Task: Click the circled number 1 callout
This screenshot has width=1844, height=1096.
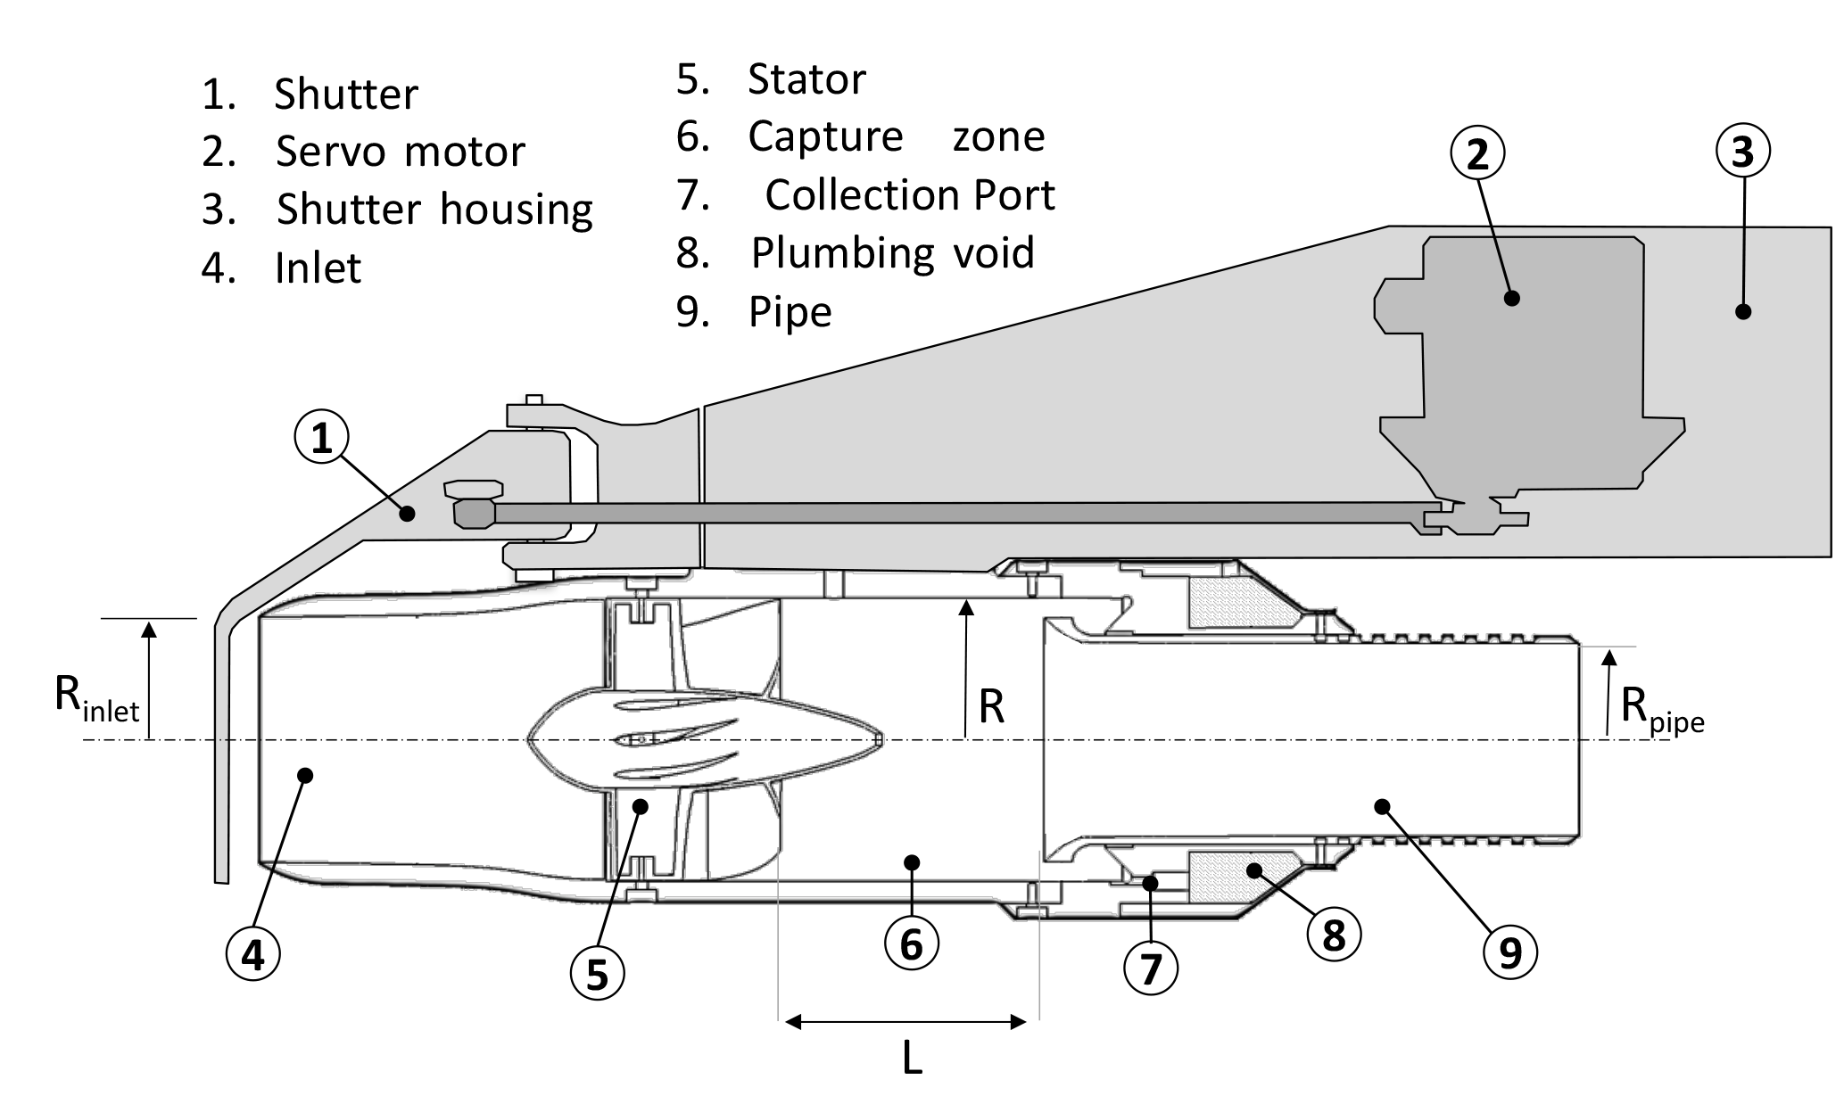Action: (x=321, y=438)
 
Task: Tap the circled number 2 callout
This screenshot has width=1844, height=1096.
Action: (x=1477, y=153)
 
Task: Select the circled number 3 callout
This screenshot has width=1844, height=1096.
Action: (x=1742, y=152)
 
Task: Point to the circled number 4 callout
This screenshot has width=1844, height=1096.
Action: (x=253, y=955)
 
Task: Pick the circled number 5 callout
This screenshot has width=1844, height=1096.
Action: (x=597, y=975)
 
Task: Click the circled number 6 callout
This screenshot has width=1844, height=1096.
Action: (x=911, y=943)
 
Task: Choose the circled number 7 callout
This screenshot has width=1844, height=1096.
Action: (x=1151, y=968)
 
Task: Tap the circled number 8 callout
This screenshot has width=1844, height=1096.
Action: (x=1333, y=935)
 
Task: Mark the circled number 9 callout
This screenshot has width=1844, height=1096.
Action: (x=1509, y=953)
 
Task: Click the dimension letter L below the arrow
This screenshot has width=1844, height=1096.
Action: (x=911, y=1059)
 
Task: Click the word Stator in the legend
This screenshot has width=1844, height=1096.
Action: (x=806, y=79)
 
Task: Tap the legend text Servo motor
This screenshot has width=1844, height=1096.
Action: (x=400, y=152)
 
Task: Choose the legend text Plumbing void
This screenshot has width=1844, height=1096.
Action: (x=892, y=253)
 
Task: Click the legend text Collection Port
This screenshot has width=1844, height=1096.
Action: (x=909, y=195)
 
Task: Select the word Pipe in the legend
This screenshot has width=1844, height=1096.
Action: (x=790, y=312)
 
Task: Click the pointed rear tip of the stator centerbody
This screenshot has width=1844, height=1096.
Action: (x=880, y=739)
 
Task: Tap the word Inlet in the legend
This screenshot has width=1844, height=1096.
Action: (x=318, y=268)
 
